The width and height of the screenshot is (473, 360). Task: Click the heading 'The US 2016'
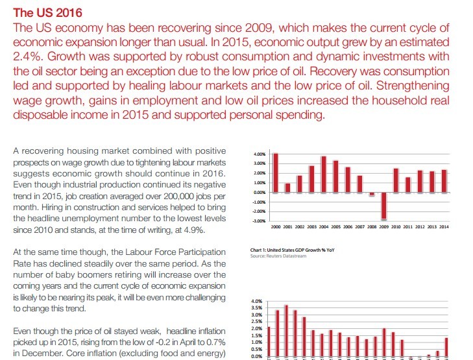(x=47, y=13)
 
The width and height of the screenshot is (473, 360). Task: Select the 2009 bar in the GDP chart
(x=383, y=206)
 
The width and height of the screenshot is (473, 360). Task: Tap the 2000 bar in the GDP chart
(x=275, y=173)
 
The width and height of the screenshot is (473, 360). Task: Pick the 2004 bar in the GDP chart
(x=324, y=174)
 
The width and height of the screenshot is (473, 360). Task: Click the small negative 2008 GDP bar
(x=372, y=194)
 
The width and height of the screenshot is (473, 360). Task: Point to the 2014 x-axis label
(x=444, y=227)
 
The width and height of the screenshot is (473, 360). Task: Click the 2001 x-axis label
(x=287, y=227)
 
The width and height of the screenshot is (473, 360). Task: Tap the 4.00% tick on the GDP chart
(x=260, y=154)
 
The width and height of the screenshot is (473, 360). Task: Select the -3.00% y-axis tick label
(x=259, y=221)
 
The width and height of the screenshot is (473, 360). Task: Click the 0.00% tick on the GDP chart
(x=260, y=193)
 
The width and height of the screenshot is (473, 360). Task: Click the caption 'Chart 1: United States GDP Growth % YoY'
(x=292, y=250)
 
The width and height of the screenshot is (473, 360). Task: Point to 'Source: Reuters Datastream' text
(x=278, y=256)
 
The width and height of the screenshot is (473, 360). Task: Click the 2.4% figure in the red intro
(x=28, y=56)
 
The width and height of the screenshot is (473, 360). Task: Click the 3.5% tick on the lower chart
(x=256, y=308)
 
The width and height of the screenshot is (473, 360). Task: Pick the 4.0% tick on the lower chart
(x=256, y=301)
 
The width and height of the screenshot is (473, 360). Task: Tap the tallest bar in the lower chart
(x=286, y=331)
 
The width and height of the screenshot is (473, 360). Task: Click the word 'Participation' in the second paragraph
(x=202, y=252)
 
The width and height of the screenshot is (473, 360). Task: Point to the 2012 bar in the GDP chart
(x=420, y=182)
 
